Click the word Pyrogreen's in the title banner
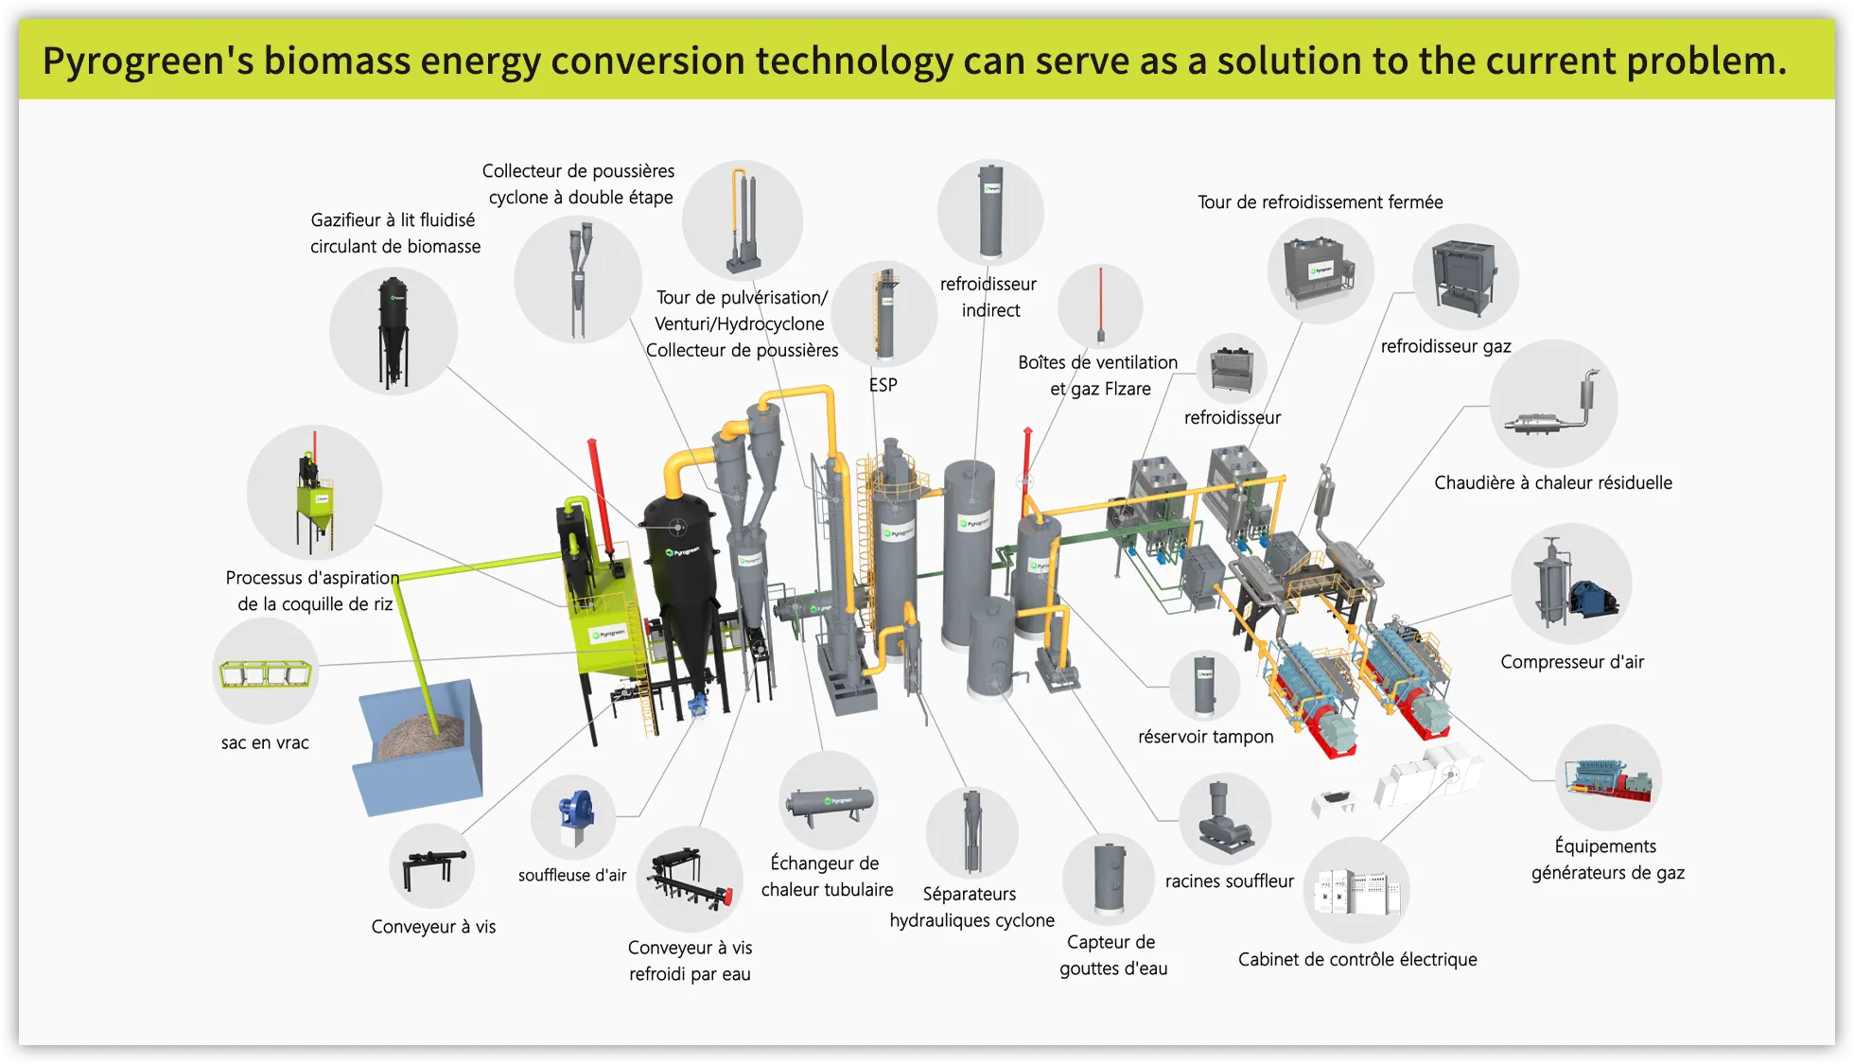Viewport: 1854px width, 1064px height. tap(148, 61)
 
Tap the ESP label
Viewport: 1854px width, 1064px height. tap(883, 385)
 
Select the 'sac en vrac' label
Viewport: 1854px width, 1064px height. tap(265, 742)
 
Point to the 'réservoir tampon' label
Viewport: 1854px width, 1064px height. tap(1205, 737)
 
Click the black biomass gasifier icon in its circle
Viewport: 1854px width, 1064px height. tap(394, 331)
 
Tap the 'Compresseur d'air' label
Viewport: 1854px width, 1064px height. tap(1572, 662)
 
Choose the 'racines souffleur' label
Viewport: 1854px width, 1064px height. tap(1229, 881)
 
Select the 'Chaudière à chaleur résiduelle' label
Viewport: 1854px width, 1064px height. tap(1553, 483)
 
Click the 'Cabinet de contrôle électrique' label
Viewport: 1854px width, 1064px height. tap(1357, 959)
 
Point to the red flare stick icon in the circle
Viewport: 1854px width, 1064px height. tap(1100, 305)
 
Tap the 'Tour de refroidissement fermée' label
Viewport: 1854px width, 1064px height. tap(1320, 202)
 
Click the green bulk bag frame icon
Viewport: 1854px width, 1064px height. tap(266, 673)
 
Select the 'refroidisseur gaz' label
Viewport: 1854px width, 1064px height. tap(1445, 346)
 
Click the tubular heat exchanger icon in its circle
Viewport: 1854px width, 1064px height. tap(829, 803)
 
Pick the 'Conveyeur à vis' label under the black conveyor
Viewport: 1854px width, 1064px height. tap(433, 927)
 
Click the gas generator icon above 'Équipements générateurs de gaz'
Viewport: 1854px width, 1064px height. tap(1608, 777)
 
